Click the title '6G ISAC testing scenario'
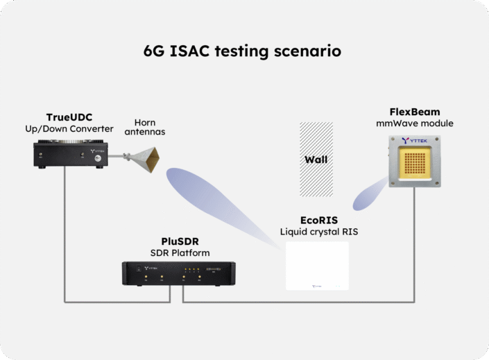coord(242,51)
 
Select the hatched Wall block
coord(315,159)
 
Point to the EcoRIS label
coord(318,220)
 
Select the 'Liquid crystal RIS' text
coord(318,231)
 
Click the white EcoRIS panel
coord(318,264)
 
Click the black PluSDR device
coord(178,273)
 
